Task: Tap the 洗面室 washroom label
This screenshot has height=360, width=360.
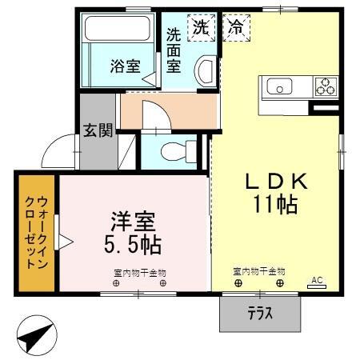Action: (174, 50)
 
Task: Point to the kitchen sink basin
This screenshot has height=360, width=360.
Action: (282, 86)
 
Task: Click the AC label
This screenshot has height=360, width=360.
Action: (317, 279)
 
